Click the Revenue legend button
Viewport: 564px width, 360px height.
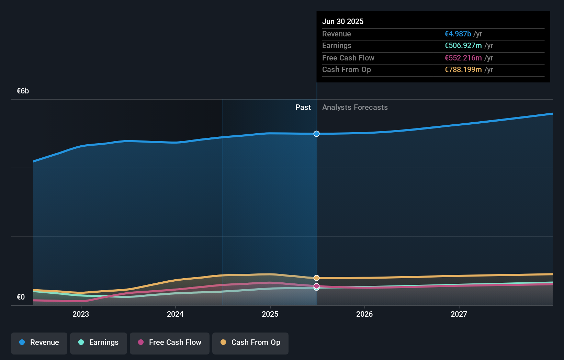click(x=39, y=343)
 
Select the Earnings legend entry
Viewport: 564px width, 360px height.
click(x=99, y=343)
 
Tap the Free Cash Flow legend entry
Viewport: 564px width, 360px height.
click(x=170, y=343)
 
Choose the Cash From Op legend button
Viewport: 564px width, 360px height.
click(x=250, y=343)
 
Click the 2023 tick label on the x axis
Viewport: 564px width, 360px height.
click(x=81, y=314)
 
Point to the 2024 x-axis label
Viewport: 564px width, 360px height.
click(x=175, y=314)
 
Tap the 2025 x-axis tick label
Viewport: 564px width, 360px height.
click(x=270, y=314)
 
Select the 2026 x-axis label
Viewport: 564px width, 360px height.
click(x=364, y=314)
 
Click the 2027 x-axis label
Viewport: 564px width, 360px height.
click(x=459, y=314)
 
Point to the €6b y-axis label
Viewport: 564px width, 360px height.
click(x=23, y=91)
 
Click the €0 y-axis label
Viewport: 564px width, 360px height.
click(x=21, y=297)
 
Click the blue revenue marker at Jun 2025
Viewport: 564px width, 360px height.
click(x=316, y=134)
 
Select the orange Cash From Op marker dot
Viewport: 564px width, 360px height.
click(x=316, y=278)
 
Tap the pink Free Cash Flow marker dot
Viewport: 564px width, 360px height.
click(x=316, y=286)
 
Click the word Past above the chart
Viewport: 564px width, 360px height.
click(x=303, y=108)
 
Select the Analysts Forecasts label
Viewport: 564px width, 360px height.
click(x=355, y=108)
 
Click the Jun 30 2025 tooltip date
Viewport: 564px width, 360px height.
click(x=342, y=22)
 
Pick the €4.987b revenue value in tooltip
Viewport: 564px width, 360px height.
click(x=458, y=34)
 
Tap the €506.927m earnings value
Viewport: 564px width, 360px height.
click(x=463, y=46)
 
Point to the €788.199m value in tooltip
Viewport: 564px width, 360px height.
click(x=463, y=70)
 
